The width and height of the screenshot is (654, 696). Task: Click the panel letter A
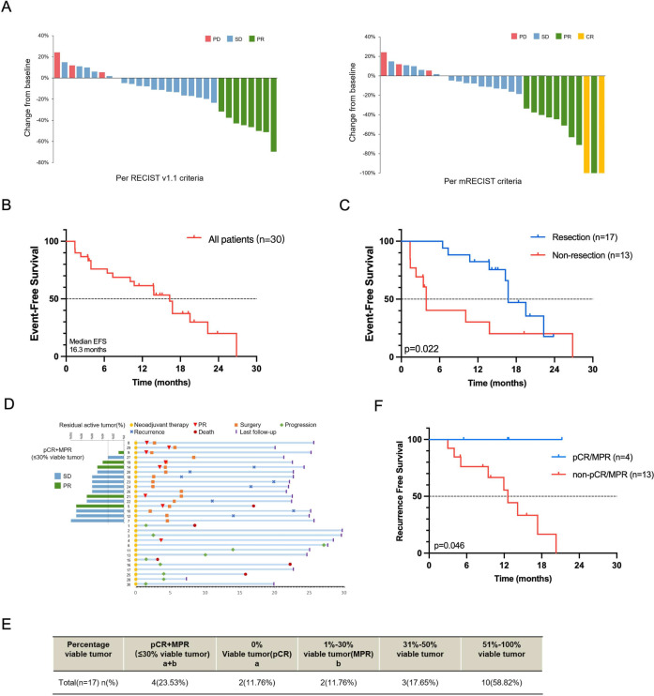pyautogui.click(x=12, y=9)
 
